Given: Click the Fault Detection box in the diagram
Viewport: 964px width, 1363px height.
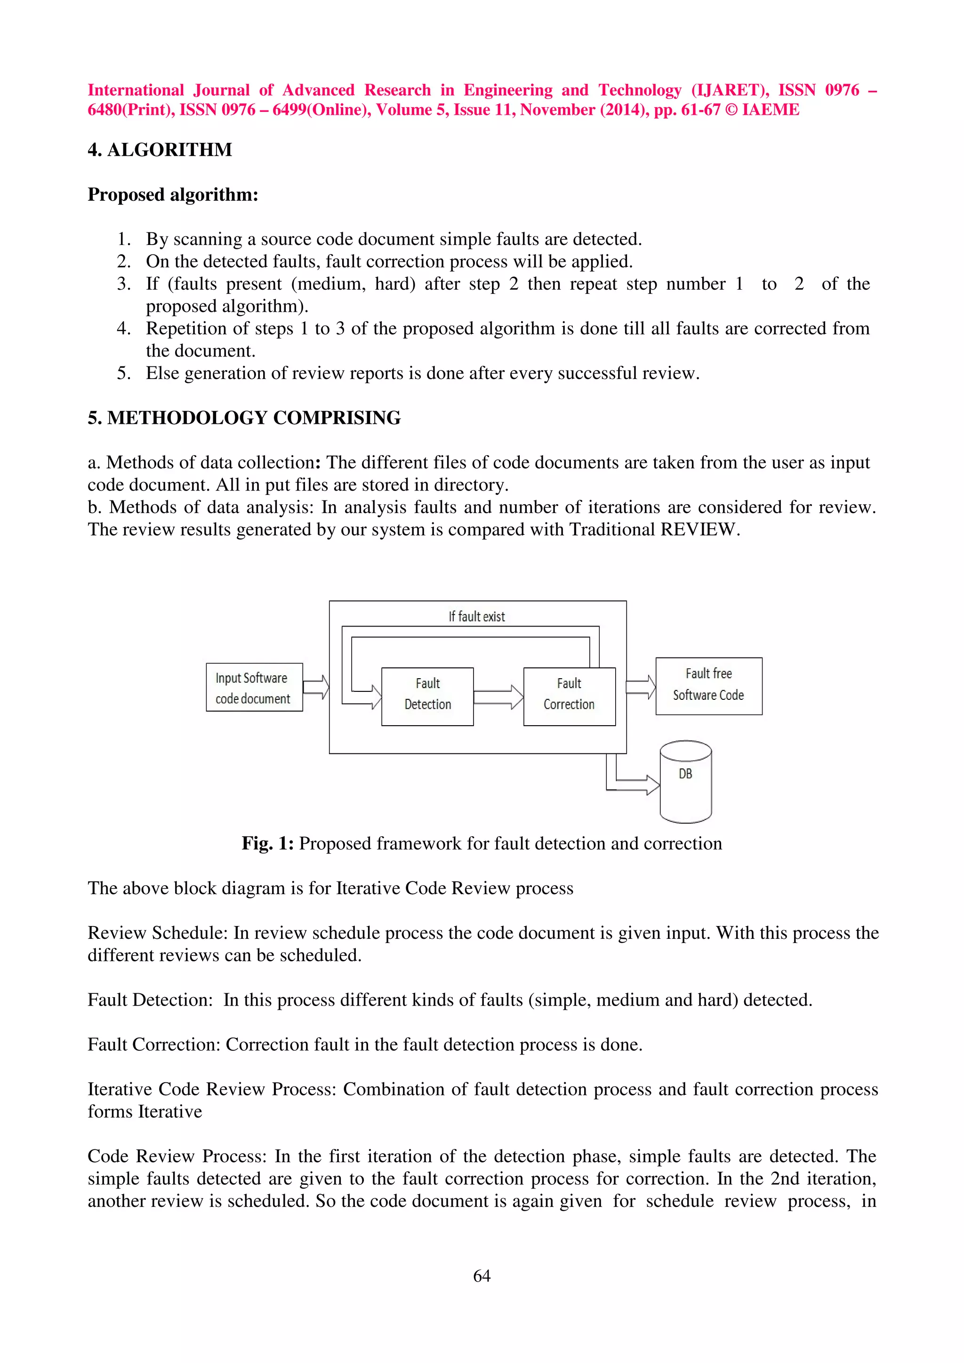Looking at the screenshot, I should click(x=427, y=696).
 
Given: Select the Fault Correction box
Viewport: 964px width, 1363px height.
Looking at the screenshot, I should click(x=569, y=696).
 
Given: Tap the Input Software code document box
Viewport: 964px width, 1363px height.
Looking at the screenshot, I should click(x=254, y=688).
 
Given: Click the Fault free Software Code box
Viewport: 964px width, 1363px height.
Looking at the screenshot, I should click(x=708, y=686).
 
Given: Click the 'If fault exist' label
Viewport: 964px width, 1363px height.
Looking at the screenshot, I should click(x=476, y=616).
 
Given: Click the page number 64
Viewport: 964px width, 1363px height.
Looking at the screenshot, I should click(x=482, y=1275).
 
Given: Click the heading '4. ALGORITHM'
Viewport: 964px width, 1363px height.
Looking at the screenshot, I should click(x=160, y=150).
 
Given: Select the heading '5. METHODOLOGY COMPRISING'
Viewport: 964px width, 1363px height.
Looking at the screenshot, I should click(x=244, y=418).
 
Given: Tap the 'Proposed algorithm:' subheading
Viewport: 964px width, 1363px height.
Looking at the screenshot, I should click(x=173, y=195).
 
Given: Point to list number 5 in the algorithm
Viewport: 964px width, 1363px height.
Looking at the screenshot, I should click(x=123, y=373).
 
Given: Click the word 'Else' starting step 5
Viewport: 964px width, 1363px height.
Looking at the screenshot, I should click(x=162, y=373).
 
